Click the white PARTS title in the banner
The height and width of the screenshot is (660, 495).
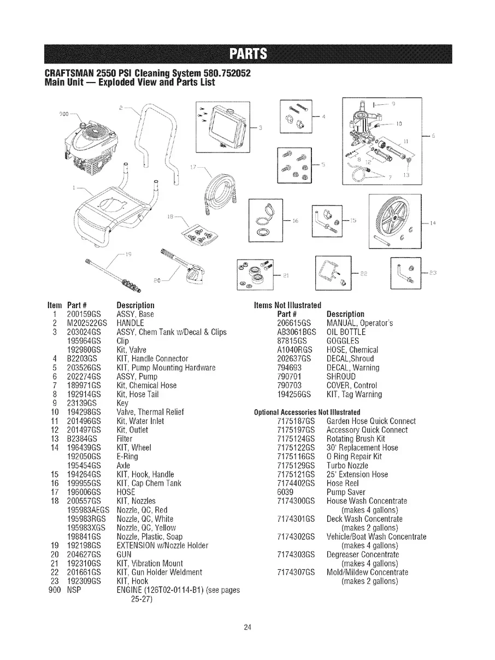click(x=247, y=54)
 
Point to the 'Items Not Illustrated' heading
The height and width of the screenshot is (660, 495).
click(x=287, y=305)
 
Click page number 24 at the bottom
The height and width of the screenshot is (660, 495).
click(x=247, y=627)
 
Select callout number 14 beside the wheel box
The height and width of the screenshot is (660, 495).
click(x=433, y=223)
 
